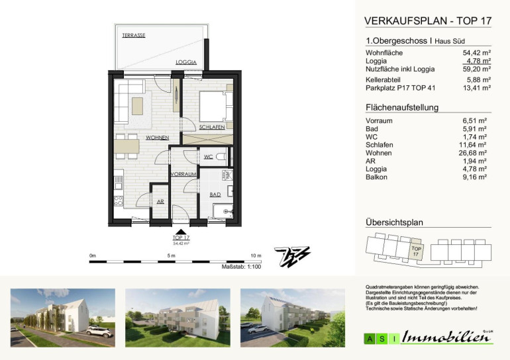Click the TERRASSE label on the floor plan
[134, 35]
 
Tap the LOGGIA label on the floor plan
[186, 62]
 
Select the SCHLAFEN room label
[212, 127]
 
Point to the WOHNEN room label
[158, 138]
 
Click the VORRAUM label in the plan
[183, 174]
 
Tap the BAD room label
[215, 195]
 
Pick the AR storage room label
[160, 201]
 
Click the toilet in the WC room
[221, 157]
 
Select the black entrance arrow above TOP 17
[181, 232]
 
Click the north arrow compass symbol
[292, 257]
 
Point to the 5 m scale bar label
[171, 255]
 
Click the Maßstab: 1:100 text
[241, 267]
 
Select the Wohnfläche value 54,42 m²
[476, 53]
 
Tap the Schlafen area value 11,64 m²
[473, 145]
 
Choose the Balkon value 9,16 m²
[474, 177]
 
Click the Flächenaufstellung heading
[402, 108]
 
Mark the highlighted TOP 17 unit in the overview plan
[416, 249]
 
